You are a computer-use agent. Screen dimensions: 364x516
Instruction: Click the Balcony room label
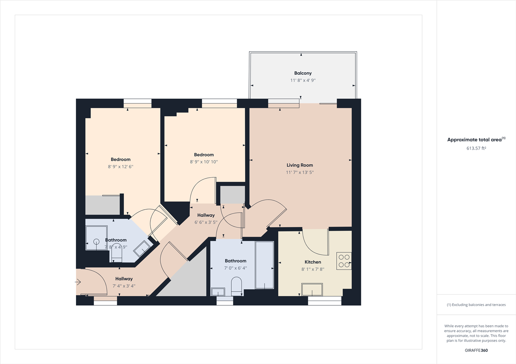point(303,73)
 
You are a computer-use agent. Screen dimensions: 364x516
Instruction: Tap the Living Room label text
point(300,165)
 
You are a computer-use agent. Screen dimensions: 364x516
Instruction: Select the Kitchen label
point(313,262)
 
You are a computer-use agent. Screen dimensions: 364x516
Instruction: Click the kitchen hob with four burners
point(344,261)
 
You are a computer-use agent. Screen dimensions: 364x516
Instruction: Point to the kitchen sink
point(312,290)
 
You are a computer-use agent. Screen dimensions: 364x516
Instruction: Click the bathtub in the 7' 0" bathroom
point(264,265)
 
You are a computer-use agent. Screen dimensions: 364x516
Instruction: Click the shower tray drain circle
point(96,241)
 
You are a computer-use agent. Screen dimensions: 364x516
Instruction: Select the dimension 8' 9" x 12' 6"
point(121,166)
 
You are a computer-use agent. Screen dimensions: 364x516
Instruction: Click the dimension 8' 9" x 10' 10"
point(204,162)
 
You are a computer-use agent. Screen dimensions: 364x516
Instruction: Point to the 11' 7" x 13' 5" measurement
point(300,172)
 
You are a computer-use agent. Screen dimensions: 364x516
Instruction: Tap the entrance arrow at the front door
point(78,282)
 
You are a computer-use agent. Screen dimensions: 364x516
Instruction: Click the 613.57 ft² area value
point(476,148)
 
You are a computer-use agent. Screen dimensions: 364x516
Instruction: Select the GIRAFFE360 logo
point(476,350)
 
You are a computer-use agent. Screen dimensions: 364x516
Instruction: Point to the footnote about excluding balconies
point(476,305)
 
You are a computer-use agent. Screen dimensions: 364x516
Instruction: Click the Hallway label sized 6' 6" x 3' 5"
point(206,215)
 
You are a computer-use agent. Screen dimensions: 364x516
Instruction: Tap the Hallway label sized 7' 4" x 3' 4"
point(124,279)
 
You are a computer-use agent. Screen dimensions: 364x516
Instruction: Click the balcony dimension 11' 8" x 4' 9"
point(303,80)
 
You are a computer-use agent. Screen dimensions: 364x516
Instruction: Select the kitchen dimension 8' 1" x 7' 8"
point(313,269)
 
